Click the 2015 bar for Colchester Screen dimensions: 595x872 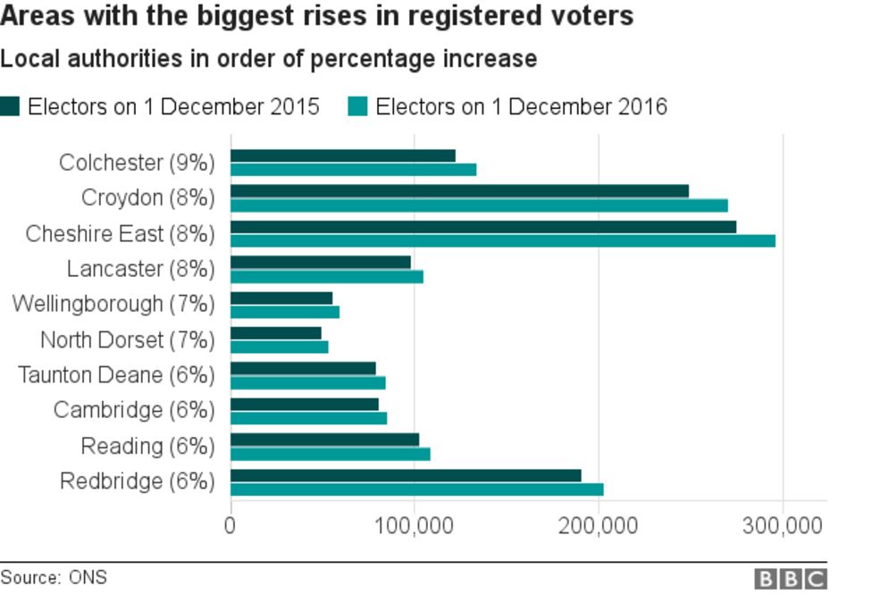(x=343, y=155)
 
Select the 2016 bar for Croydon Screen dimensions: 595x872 (x=480, y=205)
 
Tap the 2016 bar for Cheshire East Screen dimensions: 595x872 (x=503, y=240)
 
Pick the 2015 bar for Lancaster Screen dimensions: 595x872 (x=321, y=262)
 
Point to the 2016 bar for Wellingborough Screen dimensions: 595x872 (x=285, y=312)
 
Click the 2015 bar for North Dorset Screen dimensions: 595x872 (x=276, y=333)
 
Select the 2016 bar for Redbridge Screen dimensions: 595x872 (x=417, y=489)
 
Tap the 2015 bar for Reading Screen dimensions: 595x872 (x=325, y=439)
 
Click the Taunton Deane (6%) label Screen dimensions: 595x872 (x=116, y=374)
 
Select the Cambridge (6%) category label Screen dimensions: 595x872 (x=134, y=410)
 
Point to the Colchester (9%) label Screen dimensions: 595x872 (x=137, y=163)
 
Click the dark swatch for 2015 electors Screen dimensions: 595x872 (x=10, y=107)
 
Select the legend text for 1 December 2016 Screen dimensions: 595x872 (x=521, y=107)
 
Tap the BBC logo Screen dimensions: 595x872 (x=791, y=579)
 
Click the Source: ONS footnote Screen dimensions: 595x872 (x=54, y=577)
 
